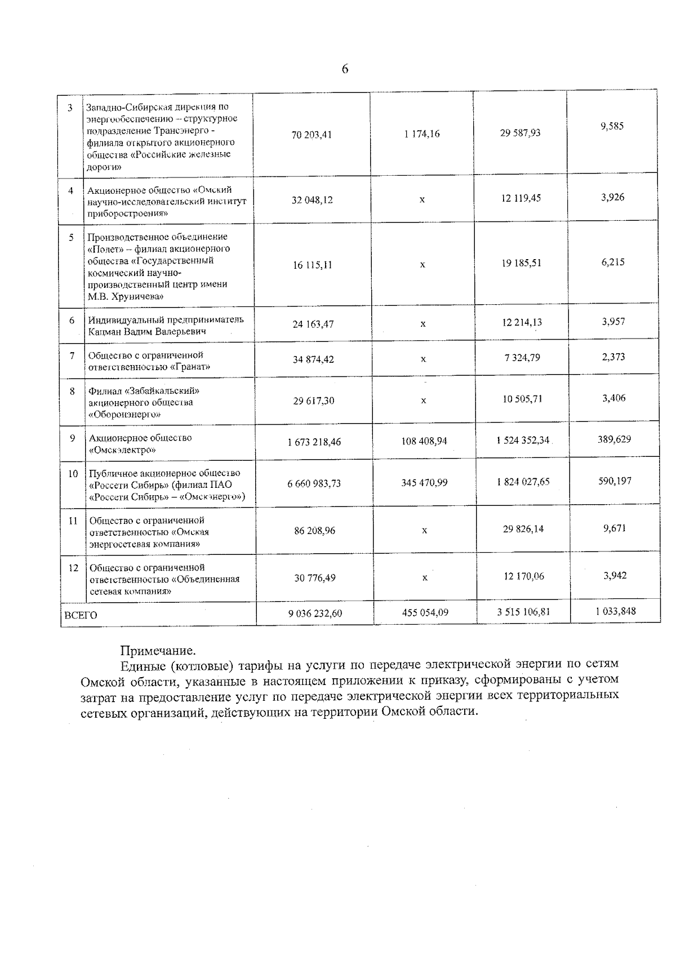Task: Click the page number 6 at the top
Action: tap(345, 69)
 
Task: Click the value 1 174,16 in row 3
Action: tap(422, 134)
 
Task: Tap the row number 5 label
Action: tap(72, 238)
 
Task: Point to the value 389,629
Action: tap(614, 439)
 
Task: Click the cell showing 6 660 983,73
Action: tap(314, 484)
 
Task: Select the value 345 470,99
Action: tap(424, 483)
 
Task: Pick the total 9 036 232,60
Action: tap(315, 613)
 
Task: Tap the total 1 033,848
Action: tap(616, 611)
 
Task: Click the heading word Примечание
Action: tap(159, 651)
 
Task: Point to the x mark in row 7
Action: tap(423, 359)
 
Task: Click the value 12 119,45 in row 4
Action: tap(521, 198)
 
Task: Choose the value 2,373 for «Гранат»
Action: tap(613, 357)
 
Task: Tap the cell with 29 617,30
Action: tap(313, 401)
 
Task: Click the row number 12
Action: tap(73, 568)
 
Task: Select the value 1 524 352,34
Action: tap(522, 441)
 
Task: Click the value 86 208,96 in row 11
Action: tap(314, 531)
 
